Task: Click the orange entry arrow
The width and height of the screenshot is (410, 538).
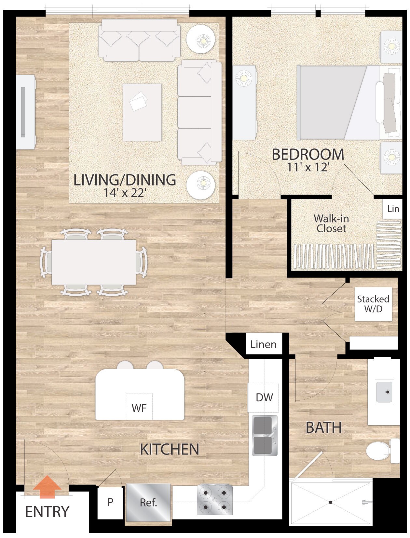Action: pos(47,486)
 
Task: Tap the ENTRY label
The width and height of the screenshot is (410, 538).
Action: pos(47,512)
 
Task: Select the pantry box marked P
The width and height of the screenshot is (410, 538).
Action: pos(110,502)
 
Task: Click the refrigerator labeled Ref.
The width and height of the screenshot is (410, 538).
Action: pos(148,502)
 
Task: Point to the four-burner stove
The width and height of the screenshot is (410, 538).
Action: pos(215,500)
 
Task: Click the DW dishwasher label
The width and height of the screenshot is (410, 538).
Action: pos(264,397)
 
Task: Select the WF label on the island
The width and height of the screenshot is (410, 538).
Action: pos(139,408)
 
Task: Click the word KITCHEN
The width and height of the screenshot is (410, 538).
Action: pos(170,449)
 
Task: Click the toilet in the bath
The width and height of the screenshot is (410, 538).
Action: pos(379,451)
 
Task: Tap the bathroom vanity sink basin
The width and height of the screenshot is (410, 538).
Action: pos(384,392)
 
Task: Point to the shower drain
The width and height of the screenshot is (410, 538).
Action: pos(331,502)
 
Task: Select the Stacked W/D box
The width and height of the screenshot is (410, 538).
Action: pos(373,304)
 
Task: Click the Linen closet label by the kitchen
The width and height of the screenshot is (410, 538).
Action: pos(263,344)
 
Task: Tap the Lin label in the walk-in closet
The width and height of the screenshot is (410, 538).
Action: pos(393,209)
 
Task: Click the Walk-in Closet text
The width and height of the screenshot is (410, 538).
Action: pos(331,224)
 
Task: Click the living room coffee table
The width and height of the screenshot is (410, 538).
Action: pos(142,112)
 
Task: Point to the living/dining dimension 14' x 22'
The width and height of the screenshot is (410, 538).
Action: pos(124,193)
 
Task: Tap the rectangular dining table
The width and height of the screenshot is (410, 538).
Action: pos(94,262)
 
